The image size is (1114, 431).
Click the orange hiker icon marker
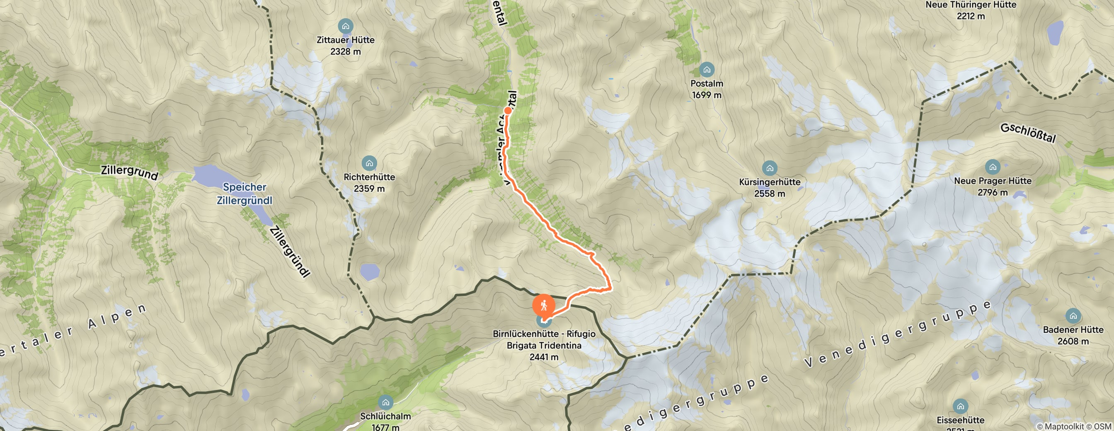click(544, 305)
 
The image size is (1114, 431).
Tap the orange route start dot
click(508, 110)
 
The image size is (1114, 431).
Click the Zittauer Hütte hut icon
click(346, 27)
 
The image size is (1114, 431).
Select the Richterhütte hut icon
click(369, 163)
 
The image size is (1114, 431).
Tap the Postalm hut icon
click(707, 70)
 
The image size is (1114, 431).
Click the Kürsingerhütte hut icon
click(769, 168)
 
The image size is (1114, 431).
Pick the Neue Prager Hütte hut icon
click(993, 167)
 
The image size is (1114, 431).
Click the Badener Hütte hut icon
click(1073, 316)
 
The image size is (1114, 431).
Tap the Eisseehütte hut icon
click(961, 407)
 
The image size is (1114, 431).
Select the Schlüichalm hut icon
click(385, 402)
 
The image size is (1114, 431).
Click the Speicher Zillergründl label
click(245, 194)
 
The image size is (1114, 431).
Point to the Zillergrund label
click(129, 172)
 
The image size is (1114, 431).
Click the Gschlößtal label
click(1028, 133)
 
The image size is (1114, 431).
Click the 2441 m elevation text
click(544, 357)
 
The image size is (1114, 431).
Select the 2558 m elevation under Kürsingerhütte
click(769, 194)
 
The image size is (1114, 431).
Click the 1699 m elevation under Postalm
click(707, 95)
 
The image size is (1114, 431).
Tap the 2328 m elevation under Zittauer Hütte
click(346, 51)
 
